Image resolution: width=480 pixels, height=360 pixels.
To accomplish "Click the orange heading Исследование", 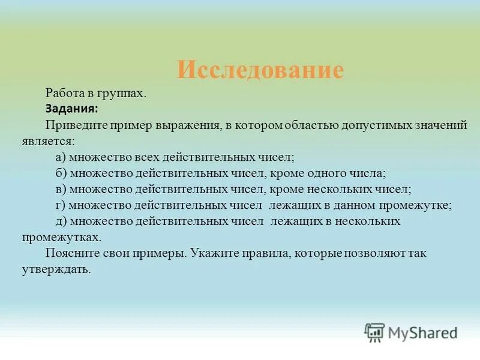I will (260, 71).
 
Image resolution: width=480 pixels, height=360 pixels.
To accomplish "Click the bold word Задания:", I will (72, 109).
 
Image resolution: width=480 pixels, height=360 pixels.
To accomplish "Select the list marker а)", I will (60, 157).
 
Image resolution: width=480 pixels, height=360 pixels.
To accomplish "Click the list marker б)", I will (60, 173).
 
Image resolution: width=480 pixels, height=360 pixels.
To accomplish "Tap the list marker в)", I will (60, 190).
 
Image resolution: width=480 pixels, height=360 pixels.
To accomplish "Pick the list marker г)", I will (59, 205).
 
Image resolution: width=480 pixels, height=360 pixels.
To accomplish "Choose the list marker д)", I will (60, 221).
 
